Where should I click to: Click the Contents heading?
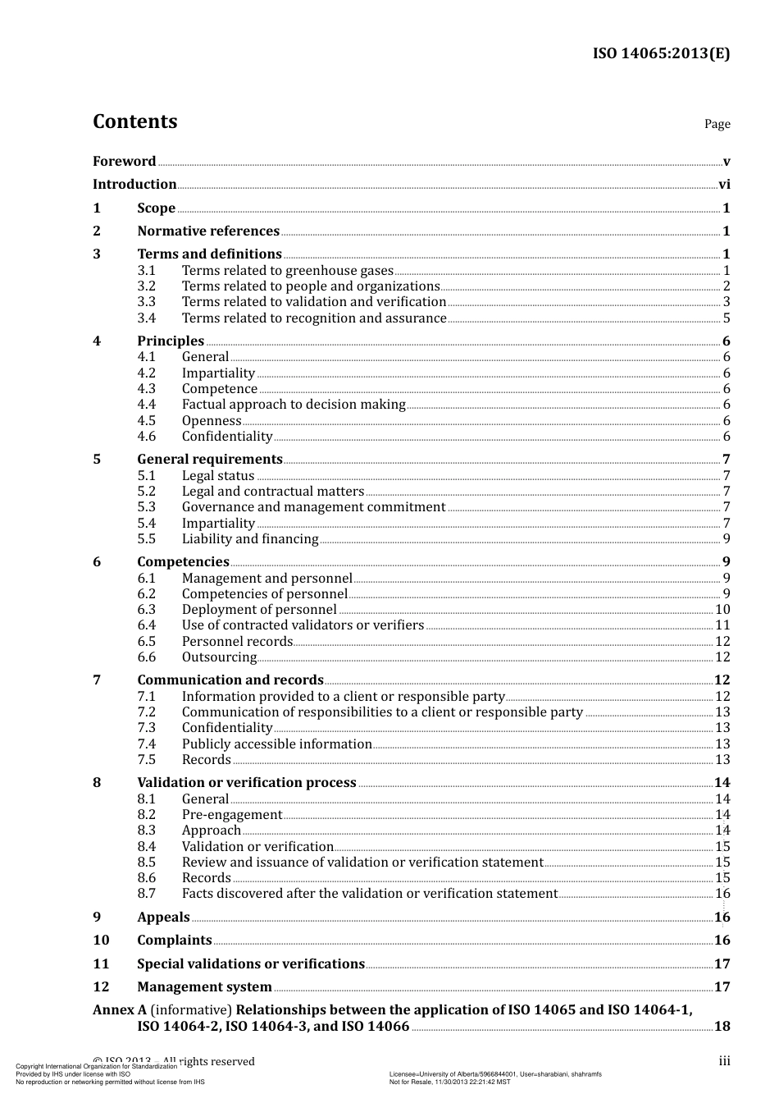point(134,121)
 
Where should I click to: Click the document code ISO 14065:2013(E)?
point(661,53)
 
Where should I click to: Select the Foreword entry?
point(124,161)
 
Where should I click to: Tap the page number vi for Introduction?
point(724,185)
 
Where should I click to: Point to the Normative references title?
point(208,231)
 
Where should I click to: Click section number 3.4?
point(147,318)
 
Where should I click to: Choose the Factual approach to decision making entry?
point(294,405)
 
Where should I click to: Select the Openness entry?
point(212,421)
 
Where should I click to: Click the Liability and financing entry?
point(250,539)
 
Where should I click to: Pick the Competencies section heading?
point(183,562)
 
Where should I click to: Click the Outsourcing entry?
point(219,657)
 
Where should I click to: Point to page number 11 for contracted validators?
point(722,625)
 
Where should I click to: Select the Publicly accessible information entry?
point(277,744)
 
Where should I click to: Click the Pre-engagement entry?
point(232,815)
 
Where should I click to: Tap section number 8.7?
point(147,894)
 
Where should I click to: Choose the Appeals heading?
point(163,918)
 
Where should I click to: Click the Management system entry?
point(204,987)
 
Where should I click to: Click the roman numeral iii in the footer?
point(725,1062)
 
